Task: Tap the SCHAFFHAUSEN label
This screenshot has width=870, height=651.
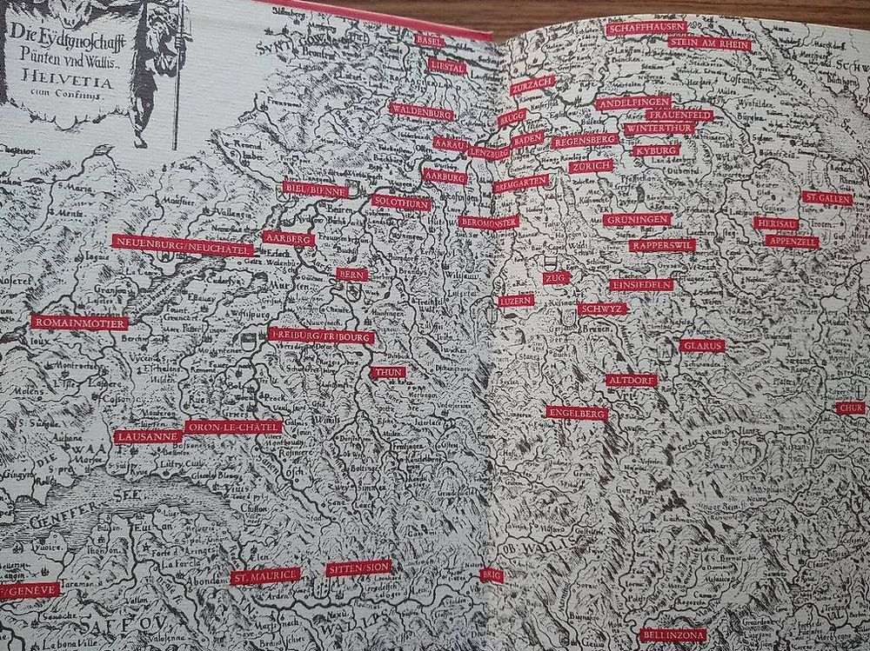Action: coord(647,28)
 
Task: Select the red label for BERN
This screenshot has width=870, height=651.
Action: coord(352,275)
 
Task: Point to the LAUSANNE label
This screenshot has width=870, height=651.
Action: coord(148,436)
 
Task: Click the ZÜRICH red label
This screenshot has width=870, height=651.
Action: coord(592,165)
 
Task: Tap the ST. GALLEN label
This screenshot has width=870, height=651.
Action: coord(827,198)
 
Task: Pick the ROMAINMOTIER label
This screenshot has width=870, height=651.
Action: coord(79,323)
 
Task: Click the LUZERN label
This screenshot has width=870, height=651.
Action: coord(516,300)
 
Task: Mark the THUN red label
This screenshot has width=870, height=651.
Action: coord(387,372)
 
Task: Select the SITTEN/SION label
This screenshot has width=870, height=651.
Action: coord(358,568)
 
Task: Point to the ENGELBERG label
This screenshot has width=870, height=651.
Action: coord(577,413)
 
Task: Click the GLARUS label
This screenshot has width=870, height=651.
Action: coord(703,345)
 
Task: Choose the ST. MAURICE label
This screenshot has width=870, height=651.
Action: coord(266,575)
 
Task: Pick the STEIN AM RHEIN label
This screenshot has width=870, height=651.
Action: coord(711,44)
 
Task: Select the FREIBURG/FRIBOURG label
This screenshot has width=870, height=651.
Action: coord(321,335)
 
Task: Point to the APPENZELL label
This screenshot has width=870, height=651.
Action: coord(793,242)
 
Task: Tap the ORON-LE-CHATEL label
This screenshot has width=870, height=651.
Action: coord(234,428)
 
